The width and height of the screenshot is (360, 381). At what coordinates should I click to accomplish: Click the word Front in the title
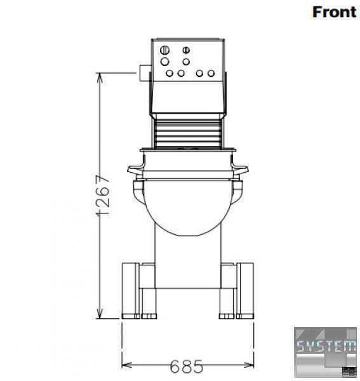(334, 12)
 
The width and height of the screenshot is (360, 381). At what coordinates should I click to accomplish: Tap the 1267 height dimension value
(103, 195)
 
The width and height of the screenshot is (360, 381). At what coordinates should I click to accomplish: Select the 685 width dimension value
(186, 366)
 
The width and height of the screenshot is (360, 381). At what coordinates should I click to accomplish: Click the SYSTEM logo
(325, 352)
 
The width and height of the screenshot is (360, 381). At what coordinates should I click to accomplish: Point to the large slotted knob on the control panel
(164, 50)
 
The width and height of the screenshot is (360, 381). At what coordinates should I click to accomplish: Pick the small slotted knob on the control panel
(186, 50)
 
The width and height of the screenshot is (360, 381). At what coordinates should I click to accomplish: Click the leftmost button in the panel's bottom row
(170, 73)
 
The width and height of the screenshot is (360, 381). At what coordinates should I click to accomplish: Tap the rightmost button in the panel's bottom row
(211, 73)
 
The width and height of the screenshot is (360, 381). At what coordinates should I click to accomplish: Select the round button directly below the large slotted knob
(164, 62)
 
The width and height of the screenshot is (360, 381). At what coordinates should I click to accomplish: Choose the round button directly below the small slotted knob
(186, 62)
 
